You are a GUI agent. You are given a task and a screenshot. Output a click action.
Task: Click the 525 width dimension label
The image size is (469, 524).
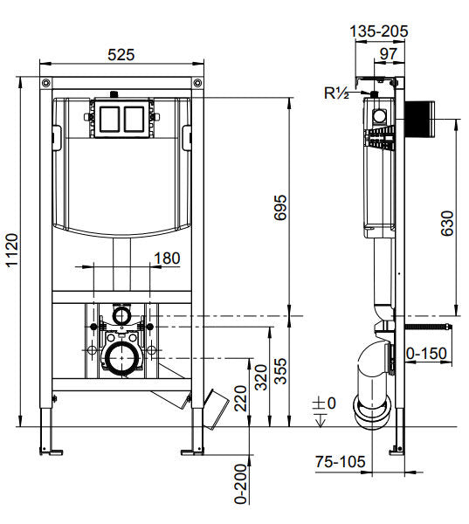click(x=121, y=54)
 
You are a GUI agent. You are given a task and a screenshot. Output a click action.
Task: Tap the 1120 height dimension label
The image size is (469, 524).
click(x=11, y=253)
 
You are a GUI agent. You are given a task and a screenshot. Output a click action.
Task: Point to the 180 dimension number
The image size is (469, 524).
click(x=167, y=258)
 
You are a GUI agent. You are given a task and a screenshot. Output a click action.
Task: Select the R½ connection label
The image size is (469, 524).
click(x=336, y=92)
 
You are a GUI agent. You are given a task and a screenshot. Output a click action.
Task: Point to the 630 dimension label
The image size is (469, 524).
click(x=446, y=224)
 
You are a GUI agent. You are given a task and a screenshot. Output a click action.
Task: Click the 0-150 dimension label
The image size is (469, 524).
click(x=427, y=353)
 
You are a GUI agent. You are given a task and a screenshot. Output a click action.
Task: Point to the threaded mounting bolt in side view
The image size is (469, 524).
click(x=428, y=327)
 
